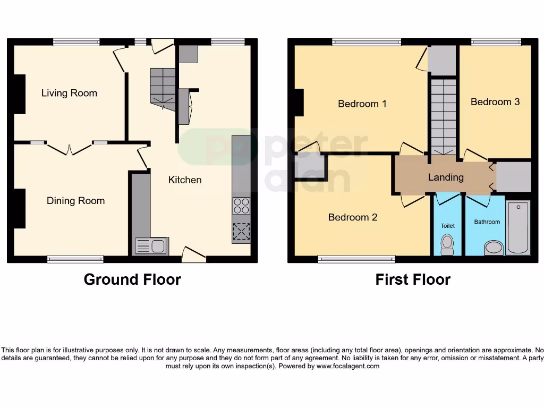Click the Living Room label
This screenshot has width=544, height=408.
click(x=69, y=93)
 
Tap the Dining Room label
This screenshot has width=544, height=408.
click(x=75, y=201)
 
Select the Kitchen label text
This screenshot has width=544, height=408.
click(x=185, y=180)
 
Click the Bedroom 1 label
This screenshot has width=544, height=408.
click(x=362, y=104)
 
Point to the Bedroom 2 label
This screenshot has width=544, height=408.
click(x=353, y=217)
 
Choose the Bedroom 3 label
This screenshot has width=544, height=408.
click(x=495, y=101)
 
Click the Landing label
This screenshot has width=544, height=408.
click(x=446, y=177)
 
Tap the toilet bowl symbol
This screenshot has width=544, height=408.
click(x=447, y=244)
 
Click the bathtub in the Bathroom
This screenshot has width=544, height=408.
click(x=518, y=227)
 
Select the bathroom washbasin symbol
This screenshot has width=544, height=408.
click(x=494, y=248)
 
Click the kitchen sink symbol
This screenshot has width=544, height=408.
click(x=151, y=245)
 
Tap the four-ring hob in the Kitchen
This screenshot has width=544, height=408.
click(x=241, y=206)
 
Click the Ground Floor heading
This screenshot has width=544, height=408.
click(x=132, y=279)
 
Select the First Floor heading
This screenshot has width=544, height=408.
click(x=413, y=279)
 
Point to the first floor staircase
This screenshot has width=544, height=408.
click(x=443, y=117)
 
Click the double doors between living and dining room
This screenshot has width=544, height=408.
click(x=69, y=148)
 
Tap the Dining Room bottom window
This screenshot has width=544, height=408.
click(x=75, y=259)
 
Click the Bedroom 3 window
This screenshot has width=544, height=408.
click(x=496, y=42)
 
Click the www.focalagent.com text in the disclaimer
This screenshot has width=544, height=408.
click(x=348, y=366)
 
